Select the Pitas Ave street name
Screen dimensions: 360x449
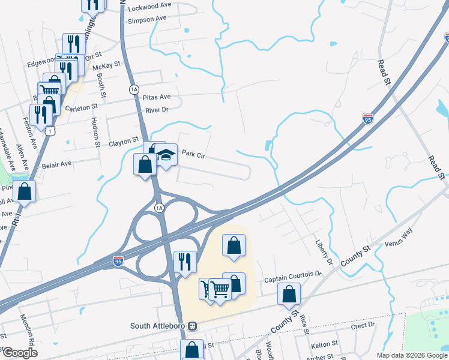click(157, 97)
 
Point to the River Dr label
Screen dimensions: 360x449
click(157, 110)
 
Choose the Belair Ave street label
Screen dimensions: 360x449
click(57, 163)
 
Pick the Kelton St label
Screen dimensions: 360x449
click(326, 346)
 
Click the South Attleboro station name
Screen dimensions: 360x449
click(159, 326)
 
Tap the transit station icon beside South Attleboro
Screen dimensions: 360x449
click(193, 326)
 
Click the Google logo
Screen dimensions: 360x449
click(20, 353)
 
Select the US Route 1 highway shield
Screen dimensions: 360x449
click(53, 130)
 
